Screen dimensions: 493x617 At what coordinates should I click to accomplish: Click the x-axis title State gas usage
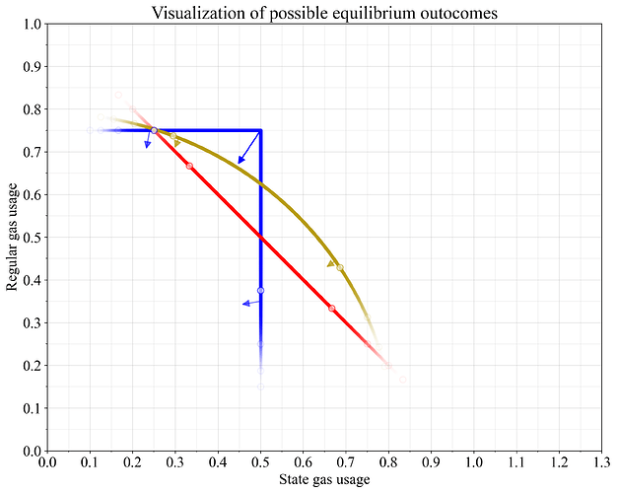324,480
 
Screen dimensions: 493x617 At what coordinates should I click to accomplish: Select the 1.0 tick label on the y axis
30,24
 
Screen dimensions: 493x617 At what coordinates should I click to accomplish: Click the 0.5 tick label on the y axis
30,238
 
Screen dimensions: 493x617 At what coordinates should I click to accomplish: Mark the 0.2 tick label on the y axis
30,366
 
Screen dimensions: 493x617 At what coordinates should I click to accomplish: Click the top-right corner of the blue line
260,130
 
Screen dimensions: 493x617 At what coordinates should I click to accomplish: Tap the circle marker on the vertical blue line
260,290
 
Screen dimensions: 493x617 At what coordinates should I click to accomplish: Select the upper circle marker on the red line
189,166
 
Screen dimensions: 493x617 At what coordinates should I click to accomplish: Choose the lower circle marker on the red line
331,309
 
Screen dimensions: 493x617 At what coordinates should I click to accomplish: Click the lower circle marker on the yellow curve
340,267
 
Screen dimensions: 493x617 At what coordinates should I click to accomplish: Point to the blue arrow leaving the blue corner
248,147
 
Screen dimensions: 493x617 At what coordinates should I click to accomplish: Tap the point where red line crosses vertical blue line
260,238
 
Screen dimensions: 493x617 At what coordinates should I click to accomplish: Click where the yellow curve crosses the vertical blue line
260,184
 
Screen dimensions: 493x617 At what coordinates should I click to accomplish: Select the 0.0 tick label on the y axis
30,451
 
